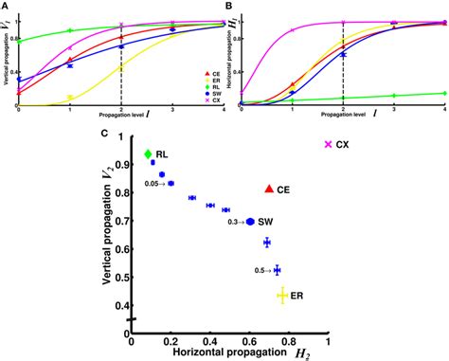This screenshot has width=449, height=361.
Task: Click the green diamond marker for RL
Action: click(x=147, y=154)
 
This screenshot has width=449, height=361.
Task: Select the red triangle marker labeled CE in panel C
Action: click(x=269, y=190)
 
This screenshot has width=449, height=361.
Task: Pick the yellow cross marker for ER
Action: click(x=281, y=296)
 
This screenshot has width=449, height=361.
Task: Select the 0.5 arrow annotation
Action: click(x=262, y=271)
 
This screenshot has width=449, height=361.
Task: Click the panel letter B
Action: click(x=228, y=8)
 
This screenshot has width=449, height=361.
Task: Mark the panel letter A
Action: click(x=7, y=8)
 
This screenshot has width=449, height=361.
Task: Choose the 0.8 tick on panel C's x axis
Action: click(x=289, y=341)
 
